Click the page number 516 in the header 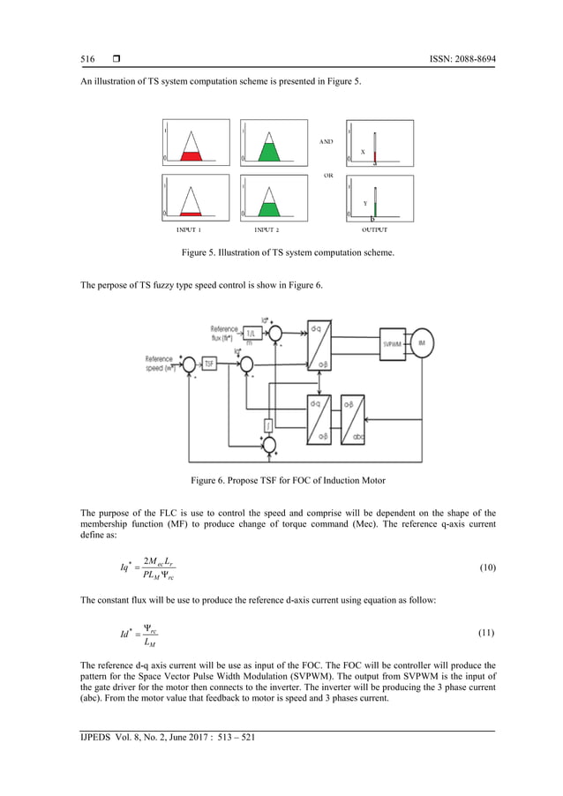[87, 59]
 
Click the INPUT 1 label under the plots [189, 229]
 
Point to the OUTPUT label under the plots [374, 229]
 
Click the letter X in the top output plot [363, 152]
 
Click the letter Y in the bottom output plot [364, 203]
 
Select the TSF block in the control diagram [210, 363]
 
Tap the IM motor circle [422, 342]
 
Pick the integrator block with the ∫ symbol [266, 425]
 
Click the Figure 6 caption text [281, 480]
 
